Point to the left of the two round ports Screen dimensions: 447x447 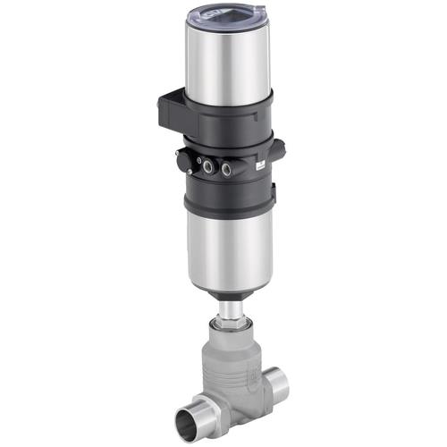(x=208, y=165)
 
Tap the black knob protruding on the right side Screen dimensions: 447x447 (x=276, y=150)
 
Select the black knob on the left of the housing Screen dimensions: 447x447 (x=184, y=161)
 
